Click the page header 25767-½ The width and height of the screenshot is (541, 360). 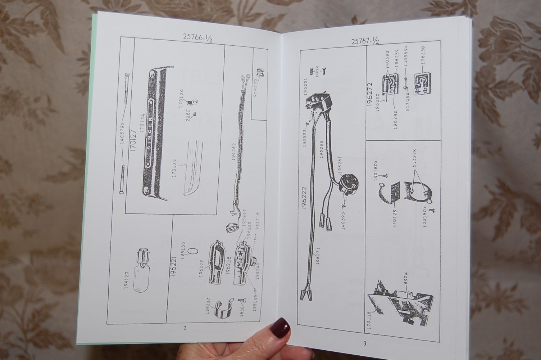(365, 41)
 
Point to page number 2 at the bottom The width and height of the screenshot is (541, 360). (185, 328)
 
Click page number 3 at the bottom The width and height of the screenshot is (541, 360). (364, 343)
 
